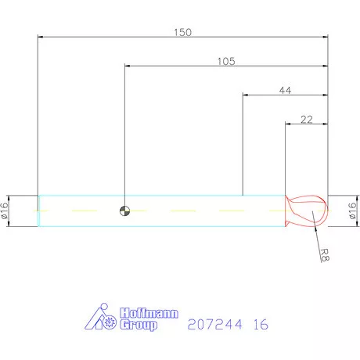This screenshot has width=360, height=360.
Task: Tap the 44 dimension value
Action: pos(286,91)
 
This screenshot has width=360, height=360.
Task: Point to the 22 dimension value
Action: pos(307,119)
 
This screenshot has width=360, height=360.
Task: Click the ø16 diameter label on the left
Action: pos(5,211)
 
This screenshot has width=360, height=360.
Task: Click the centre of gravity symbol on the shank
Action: pos(124,211)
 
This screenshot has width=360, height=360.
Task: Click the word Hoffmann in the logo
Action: pos(149,314)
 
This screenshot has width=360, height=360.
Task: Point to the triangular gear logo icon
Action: pos(100,318)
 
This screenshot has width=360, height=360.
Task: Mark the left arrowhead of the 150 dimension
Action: pos(41,37)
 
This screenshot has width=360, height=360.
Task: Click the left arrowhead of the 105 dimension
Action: pos(127,66)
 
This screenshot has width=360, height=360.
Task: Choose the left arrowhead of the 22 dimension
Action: pos(288,124)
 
